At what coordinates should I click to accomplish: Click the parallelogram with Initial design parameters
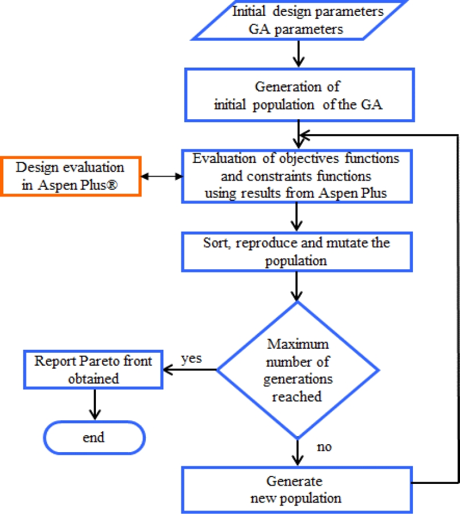tap(300, 20)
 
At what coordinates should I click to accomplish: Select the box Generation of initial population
tap(297, 94)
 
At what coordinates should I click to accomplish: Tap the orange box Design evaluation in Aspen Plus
tap(70, 175)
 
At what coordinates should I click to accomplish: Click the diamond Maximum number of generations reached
tap(298, 369)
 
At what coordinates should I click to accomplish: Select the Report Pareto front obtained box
tap(93, 370)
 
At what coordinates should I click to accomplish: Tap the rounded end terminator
tap(93, 437)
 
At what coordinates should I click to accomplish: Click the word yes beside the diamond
tap(192, 360)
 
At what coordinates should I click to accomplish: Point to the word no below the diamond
tap(324, 447)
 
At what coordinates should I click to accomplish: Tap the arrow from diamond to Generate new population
tap(297, 453)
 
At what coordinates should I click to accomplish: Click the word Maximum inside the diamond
tap(297, 344)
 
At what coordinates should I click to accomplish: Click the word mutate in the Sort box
tap(345, 243)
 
